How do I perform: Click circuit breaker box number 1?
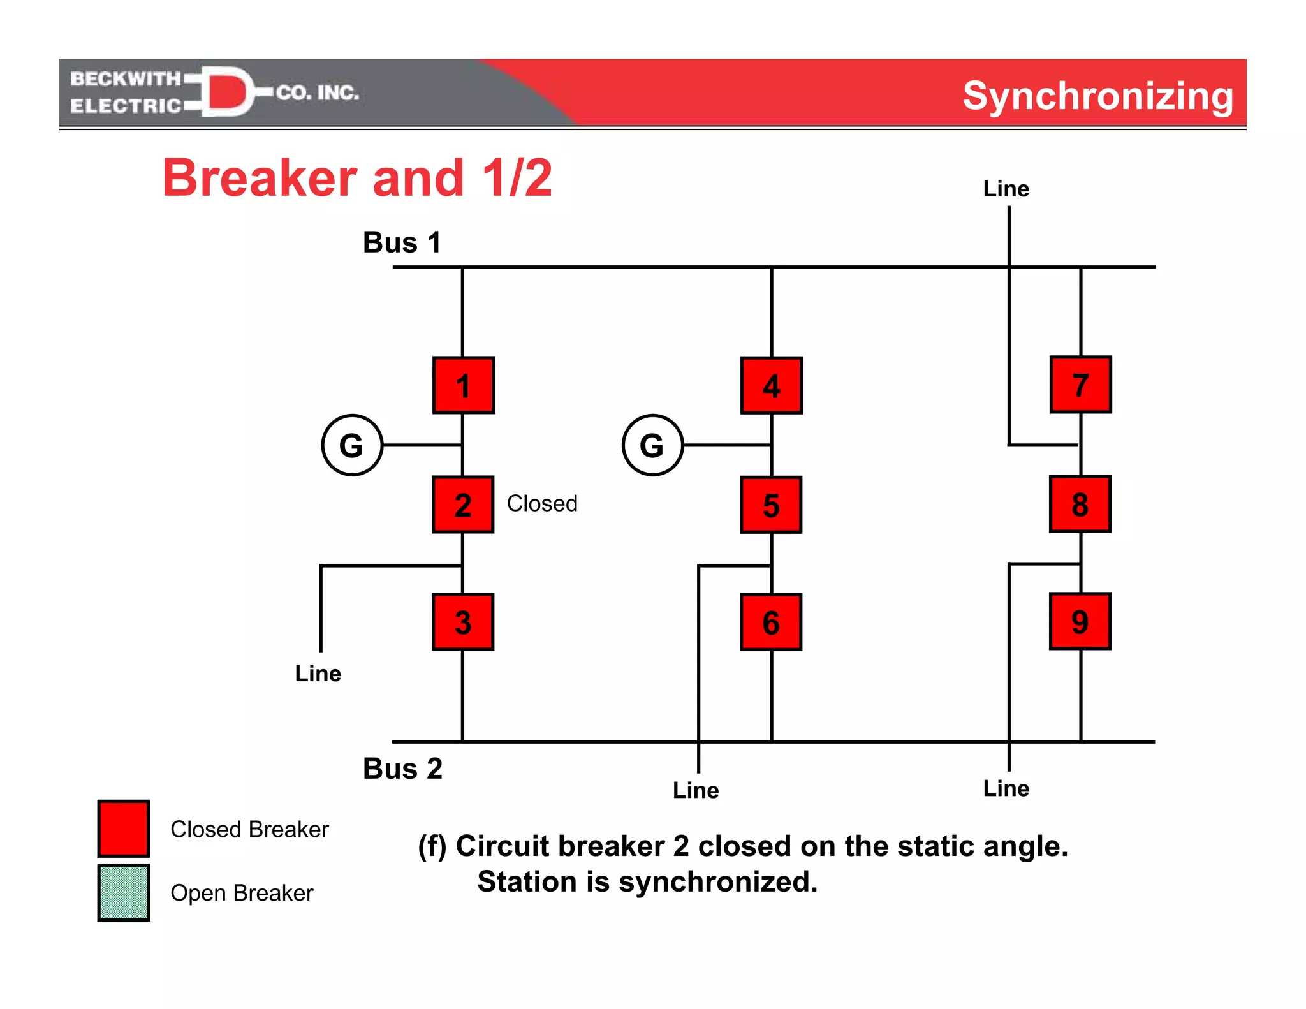click(x=464, y=386)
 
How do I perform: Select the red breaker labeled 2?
click(x=463, y=504)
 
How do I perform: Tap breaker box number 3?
click(x=463, y=622)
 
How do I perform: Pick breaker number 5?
click(x=771, y=504)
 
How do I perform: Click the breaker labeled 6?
click(x=771, y=622)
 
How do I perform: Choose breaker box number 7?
click(x=1080, y=385)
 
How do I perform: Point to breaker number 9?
click(x=1080, y=621)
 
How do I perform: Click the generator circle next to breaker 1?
click(x=352, y=445)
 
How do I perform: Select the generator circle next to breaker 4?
click(x=652, y=445)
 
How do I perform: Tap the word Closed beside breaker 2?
click(x=542, y=503)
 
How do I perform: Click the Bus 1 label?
click(x=402, y=242)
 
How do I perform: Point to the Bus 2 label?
click(x=402, y=769)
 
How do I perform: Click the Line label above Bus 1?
click(x=1006, y=189)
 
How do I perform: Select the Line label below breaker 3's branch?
click(x=318, y=674)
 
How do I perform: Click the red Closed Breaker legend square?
click(x=124, y=829)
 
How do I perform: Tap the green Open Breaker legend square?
click(x=124, y=892)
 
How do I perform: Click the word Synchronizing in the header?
click(x=1097, y=96)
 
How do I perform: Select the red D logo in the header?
click(x=226, y=92)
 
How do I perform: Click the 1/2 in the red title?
click(x=517, y=178)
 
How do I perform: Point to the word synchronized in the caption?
click(x=717, y=882)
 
